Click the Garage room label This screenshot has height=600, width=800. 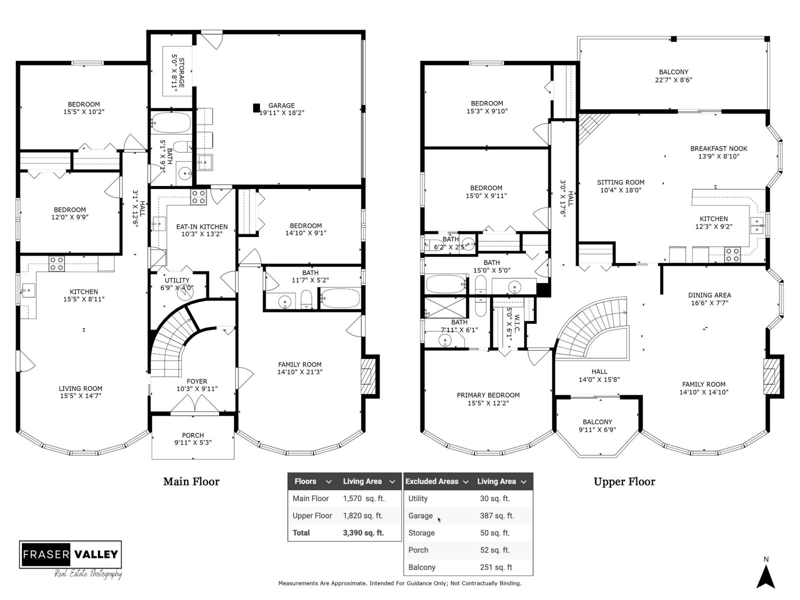point(281,105)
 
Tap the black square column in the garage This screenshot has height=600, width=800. point(256,107)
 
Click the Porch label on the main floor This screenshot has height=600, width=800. point(192,435)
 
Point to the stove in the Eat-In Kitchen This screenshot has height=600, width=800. point(198,197)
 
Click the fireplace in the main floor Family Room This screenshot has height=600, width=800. point(369,376)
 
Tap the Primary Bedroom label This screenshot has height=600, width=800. point(488,395)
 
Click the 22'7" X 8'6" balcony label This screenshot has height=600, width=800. point(673,79)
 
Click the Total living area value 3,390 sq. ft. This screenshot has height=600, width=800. point(363,532)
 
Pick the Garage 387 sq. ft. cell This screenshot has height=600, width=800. point(496,515)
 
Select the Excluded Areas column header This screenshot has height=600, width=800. point(432,481)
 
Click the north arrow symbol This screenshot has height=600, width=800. point(765,575)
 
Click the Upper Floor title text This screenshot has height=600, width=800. point(624,481)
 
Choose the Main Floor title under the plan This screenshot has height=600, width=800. point(191,481)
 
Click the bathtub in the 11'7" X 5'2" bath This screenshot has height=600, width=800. point(340,298)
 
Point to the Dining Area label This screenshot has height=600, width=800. point(709,295)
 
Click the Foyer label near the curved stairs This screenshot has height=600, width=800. point(196,381)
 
